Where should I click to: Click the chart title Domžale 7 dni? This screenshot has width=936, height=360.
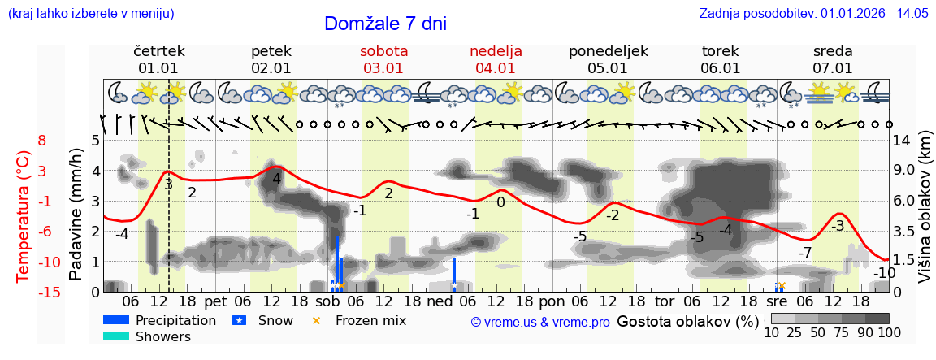[x=385, y=24]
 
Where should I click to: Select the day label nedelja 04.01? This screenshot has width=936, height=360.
[x=496, y=59]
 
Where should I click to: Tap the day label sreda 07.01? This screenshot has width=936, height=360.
[x=833, y=59]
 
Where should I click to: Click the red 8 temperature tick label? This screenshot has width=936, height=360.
[x=42, y=141]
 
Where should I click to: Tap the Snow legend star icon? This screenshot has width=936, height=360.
[x=239, y=320]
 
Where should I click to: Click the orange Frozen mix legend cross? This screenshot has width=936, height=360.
[x=317, y=320]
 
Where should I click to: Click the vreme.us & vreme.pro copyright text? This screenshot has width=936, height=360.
[x=539, y=323]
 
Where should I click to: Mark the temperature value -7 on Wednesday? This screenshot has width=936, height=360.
[x=805, y=252]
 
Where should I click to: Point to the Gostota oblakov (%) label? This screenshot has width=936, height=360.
[x=687, y=321]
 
